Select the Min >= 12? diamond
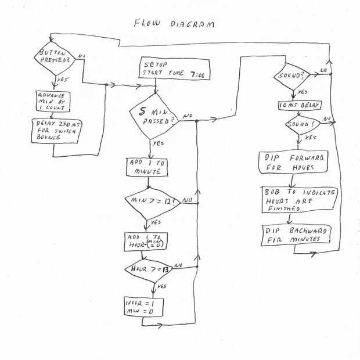pyautogui.click(x=150, y=201)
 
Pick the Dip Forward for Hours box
pyautogui.click(x=293, y=162)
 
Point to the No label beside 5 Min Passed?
pyautogui.click(x=188, y=116)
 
